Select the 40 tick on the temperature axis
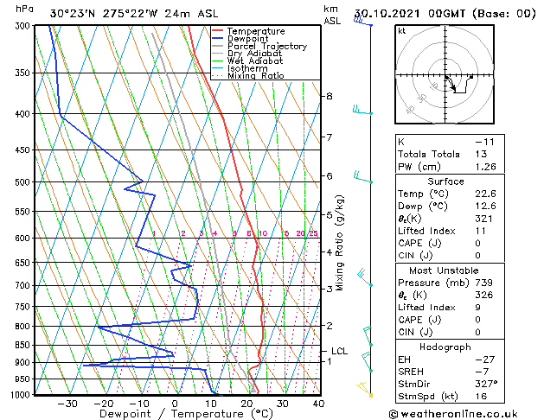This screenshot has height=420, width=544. point(318,403)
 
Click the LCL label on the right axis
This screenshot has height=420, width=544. point(339,352)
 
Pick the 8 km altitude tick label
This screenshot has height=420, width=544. point(329,96)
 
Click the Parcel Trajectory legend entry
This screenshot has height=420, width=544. point(267,46)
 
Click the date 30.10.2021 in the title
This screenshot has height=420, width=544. point(406,14)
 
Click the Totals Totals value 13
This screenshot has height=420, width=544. point(480,154)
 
